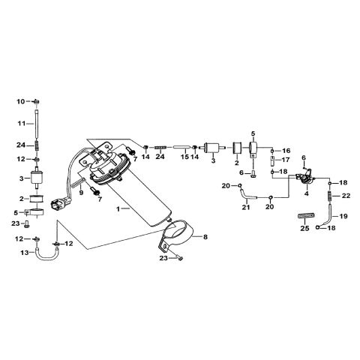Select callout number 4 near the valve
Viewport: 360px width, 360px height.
tap(307, 193)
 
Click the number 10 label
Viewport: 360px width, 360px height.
tap(21, 100)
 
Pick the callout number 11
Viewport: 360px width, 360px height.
tap(22, 121)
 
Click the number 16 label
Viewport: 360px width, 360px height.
tap(286, 150)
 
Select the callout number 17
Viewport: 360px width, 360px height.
tap(286, 160)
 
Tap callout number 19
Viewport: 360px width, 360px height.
tap(344, 216)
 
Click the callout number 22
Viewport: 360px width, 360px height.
tap(346, 196)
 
